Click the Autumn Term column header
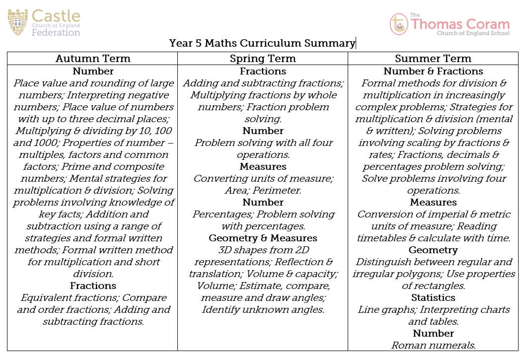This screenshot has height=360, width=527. click(x=93, y=59)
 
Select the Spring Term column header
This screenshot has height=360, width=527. click(x=263, y=59)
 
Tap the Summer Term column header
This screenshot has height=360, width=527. click(x=433, y=59)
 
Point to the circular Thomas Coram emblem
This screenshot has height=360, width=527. click(x=398, y=24)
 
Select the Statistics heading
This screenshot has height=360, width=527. click(x=433, y=297)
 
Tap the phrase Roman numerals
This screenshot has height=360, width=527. click(x=433, y=345)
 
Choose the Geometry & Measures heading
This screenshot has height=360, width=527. click(x=263, y=238)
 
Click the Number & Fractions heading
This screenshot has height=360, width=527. click(x=433, y=71)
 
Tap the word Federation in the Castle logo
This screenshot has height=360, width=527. click(x=56, y=33)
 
